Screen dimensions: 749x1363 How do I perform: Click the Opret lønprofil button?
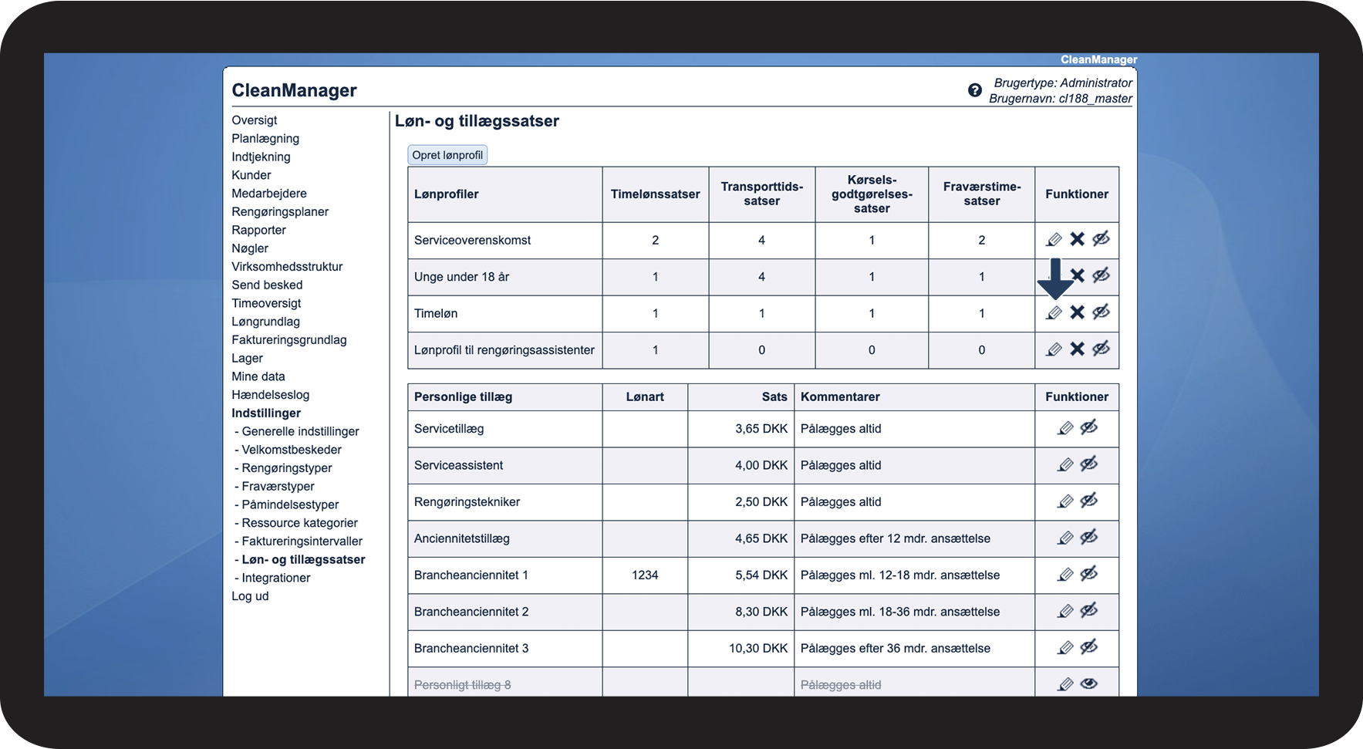(447, 155)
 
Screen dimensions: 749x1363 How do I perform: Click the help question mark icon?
(975, 90)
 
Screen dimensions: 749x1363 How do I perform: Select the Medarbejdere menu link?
(269, 194)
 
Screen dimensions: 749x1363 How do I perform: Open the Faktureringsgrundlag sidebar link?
(289, 340)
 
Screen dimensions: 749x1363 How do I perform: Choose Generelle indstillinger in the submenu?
(300, 432)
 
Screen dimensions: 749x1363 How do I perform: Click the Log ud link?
(250, 596)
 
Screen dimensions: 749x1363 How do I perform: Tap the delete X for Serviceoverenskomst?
(1077, 239)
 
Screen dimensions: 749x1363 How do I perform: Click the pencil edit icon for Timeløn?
(1054, 312)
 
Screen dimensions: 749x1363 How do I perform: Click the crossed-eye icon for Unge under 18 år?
(1101, 275)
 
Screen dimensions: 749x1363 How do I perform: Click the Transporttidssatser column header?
(762, 194)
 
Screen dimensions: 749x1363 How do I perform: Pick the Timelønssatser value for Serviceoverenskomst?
(655, 241)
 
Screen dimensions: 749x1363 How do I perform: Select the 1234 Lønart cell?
(645, 575)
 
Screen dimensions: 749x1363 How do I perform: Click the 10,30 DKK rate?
(758, 649)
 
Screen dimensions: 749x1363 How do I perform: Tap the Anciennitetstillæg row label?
(462, 539)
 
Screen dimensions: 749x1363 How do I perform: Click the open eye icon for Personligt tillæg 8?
(1088, 683)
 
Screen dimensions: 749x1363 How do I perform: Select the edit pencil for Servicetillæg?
(1065, 428)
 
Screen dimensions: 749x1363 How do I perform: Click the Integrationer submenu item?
(276, 579)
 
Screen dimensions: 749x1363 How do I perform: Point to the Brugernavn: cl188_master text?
(1061, 99)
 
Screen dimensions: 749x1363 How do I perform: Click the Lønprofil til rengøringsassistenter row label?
(504, 350)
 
